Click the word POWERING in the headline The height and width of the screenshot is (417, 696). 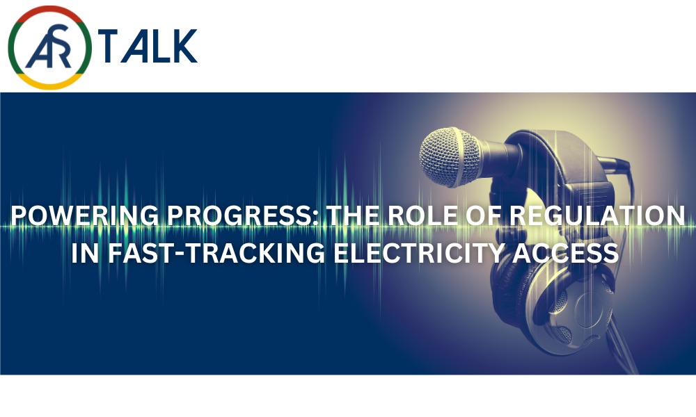pyautogui.click(x=84, y=216)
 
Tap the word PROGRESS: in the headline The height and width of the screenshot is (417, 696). pyautogui.click(x=243, y=216)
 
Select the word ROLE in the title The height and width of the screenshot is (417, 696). pyautogui.click(x=422, y=216)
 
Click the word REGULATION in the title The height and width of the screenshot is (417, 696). pyautogui.click(x=597, y=216)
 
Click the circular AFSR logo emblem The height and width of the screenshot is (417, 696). pyautogui.click(x=50, y=47)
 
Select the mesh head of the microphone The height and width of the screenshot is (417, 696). pyautogui.click(x=449, y=157)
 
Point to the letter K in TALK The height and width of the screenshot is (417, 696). pyautogui.click(x=184, y=46)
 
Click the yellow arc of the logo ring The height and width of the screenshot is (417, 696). pyautogui.click(x=50, y=84)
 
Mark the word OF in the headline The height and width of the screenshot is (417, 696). pyautogui.click(x=484, y=216)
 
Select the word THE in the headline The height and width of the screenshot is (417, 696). pyautogui.click(x=353, y=216)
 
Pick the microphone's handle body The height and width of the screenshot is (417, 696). pyautogui.click(x=502, y=155)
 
